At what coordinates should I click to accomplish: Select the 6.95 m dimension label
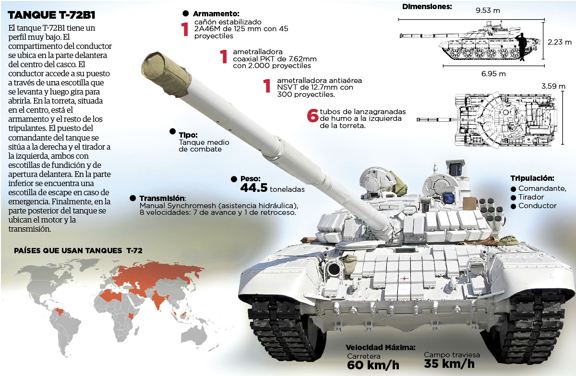[494, 74]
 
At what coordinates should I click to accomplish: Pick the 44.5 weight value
[253, 188]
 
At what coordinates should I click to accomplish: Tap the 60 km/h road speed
[373, 365]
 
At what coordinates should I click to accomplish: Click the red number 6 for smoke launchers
[312, 116]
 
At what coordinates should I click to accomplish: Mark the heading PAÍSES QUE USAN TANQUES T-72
[78, 250]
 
